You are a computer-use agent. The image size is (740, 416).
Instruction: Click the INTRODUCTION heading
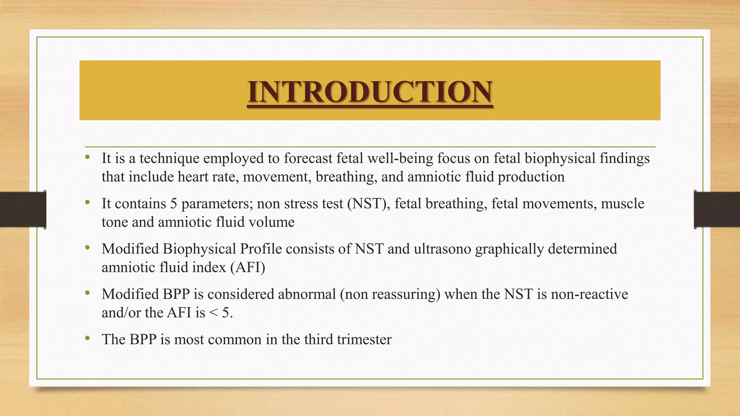point(370,92)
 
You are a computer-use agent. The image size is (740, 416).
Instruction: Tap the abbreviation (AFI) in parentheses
point(248,268)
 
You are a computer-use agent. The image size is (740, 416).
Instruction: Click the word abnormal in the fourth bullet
point(307,294)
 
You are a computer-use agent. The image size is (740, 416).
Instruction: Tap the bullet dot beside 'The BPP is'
point(87,339)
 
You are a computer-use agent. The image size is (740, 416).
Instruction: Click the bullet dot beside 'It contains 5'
point(87,203)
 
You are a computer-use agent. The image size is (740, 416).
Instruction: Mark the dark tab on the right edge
point(717,209)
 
